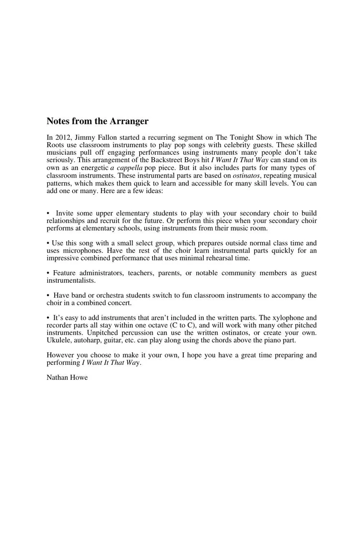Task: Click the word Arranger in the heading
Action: pos(129,121)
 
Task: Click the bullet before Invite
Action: pos(48,213)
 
